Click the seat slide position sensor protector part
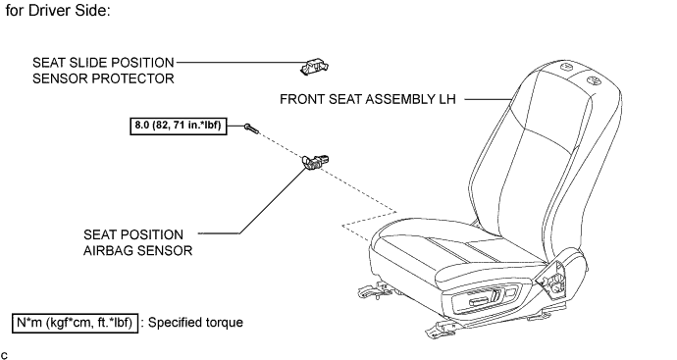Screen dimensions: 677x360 [x=314, y=68]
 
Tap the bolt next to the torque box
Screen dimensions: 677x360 [x=251, y=129]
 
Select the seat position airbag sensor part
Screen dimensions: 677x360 [x=316, y=162]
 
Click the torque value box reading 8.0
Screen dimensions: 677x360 [x=179, y=126]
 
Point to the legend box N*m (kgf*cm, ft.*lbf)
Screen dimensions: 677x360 [x=75, y=323]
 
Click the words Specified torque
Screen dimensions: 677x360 [x=195, y=323]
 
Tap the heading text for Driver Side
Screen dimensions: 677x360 [x=58, y=11]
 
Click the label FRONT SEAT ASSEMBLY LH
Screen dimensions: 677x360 [x=367, y=99]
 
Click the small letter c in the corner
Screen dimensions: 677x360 [x=4, y=355]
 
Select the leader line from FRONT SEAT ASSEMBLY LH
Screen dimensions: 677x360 [x=488, y=99]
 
